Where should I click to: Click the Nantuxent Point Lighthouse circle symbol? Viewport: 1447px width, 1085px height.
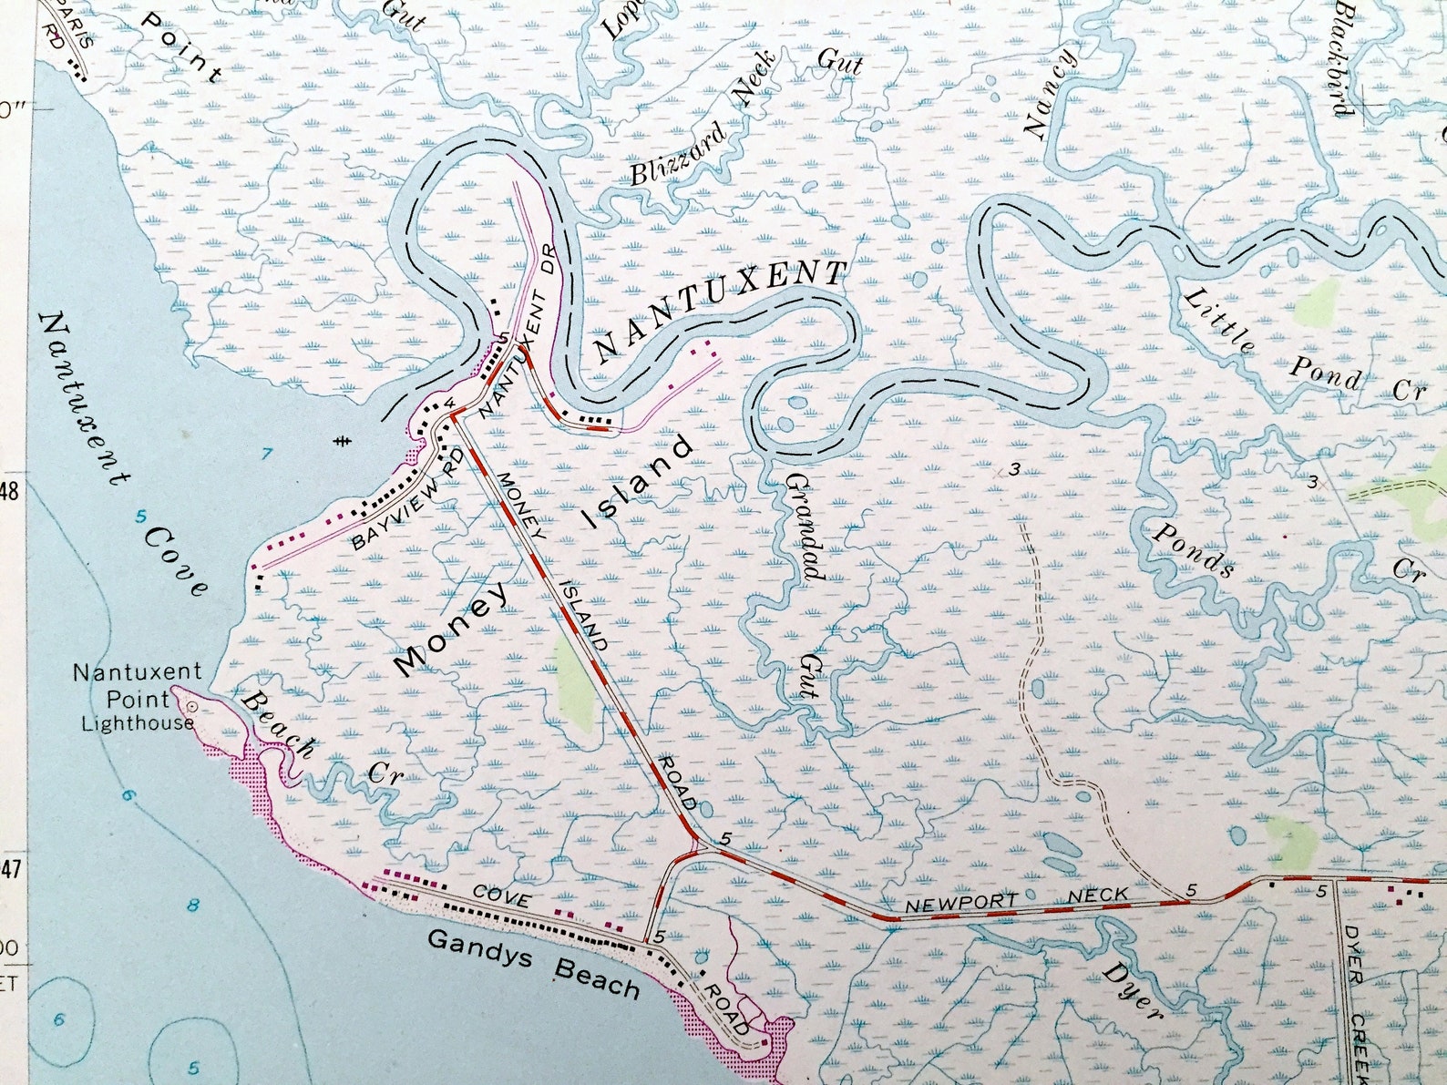pos(192,706)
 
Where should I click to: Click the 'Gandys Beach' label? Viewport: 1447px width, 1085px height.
pos(533,962)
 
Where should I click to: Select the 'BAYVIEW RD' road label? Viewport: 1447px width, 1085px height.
pos(409,502)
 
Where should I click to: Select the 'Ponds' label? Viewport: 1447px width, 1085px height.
pos(1192,549)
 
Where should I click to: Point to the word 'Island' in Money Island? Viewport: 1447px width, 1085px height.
pos(639,483)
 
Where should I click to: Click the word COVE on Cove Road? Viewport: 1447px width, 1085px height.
pos(501,898)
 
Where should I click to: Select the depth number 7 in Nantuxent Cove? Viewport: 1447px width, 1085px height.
pos(267,453)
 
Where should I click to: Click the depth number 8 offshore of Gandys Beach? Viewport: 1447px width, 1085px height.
pos(193,905)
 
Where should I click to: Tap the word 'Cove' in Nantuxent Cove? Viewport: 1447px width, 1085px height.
pos(176,561)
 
